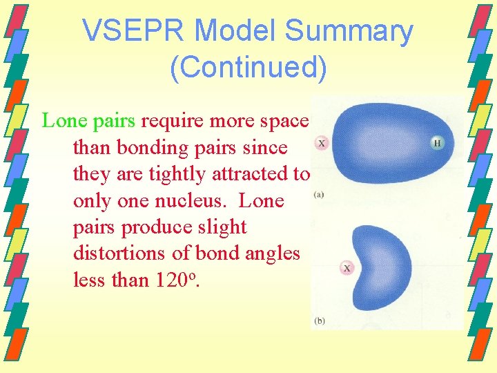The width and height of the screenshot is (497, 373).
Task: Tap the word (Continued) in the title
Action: coord(248,67)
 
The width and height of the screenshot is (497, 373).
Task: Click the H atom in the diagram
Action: coord(437,143)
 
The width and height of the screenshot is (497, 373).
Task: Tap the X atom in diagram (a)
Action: coord(322,143)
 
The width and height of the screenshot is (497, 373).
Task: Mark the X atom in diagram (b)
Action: coord(347,268)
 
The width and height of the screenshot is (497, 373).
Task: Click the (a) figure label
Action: coord(319,195)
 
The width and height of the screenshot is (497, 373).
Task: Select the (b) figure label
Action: coord(320,321)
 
